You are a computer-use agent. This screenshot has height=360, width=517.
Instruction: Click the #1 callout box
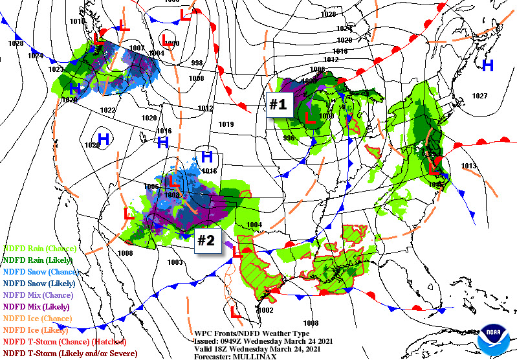(278, 105)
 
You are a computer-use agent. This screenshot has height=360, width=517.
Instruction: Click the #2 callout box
(206, 240)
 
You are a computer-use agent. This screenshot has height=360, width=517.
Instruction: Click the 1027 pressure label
(479, 96)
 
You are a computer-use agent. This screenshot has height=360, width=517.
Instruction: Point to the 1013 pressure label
(468, 166)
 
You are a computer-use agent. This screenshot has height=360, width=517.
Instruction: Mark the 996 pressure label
(289, 137)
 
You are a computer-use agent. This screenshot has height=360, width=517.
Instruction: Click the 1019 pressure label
(226, 124)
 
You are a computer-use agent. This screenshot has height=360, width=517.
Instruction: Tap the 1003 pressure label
(174, 262)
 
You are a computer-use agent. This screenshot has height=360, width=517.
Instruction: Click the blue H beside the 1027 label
(488, 65)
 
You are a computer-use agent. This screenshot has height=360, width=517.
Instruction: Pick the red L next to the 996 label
(309, 118)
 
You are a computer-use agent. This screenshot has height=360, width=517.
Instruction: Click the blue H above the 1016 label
(207, 156)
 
